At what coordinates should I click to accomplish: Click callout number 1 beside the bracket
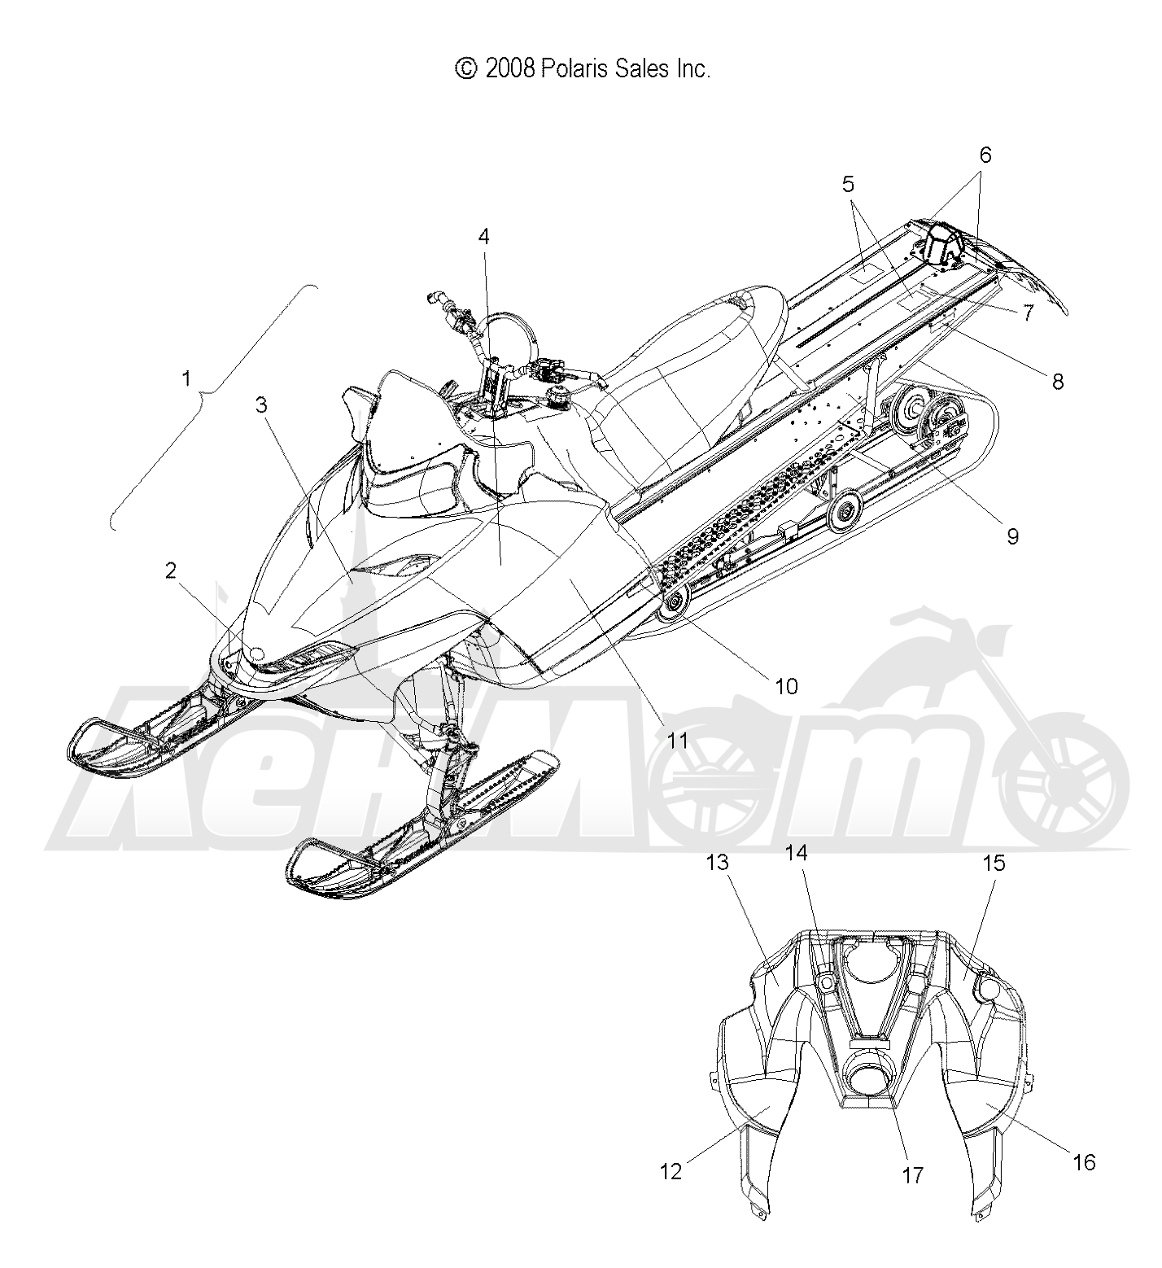[187, 379]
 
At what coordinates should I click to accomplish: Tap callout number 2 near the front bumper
[171, 571]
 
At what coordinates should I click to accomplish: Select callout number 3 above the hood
[261, 406]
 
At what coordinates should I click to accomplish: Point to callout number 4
[484, 238]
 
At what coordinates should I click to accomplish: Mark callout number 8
[1057, 381]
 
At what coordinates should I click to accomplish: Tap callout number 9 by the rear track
[1012, 536]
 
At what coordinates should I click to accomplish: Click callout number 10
[787, 686]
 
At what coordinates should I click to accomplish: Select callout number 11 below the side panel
[678, 741]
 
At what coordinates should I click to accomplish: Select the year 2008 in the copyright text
[510, 69]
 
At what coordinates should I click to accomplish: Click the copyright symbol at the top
[466, 69]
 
